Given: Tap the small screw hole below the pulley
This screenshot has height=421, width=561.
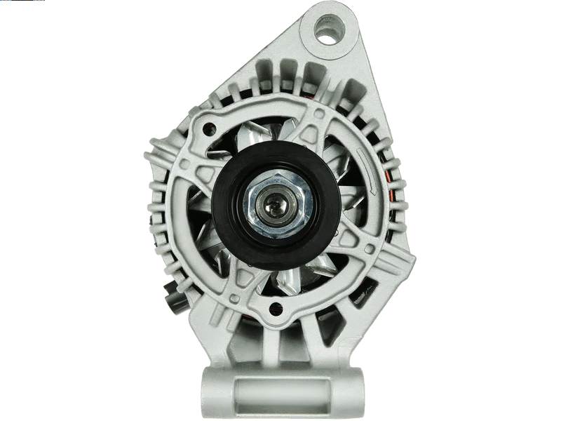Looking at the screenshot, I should pos(274,307).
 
